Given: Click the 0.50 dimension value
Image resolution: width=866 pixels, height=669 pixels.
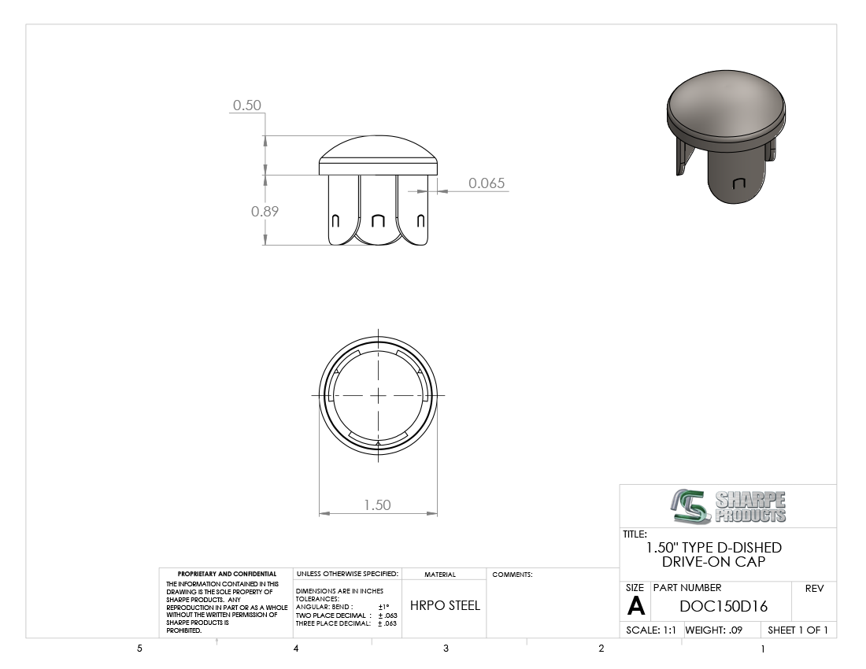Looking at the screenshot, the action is point(247,105).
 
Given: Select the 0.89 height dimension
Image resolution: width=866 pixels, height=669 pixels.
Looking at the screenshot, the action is point(265,211).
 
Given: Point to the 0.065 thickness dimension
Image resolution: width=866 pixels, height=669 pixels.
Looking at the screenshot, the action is point(487,183).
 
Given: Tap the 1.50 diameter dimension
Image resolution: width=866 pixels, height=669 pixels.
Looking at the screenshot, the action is point(377,505).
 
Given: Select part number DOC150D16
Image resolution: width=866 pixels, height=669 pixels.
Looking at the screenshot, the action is point(724,606).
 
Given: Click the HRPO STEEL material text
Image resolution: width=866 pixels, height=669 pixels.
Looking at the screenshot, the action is point(445,605).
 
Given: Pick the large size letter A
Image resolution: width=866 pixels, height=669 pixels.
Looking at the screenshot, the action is point(635,606).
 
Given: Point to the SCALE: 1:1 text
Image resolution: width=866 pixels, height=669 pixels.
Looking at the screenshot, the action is point(650,630).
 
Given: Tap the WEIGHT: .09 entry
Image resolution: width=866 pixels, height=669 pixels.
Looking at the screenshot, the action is point(713,630).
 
